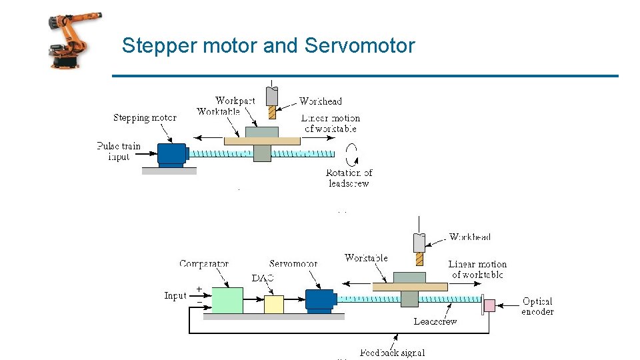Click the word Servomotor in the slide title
pyautogui.click(x=359, y=46)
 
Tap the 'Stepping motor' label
pyautogui.click(x=145, y=118)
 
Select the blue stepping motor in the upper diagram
pyautogui.click(x=173, y=154)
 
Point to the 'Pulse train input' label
pyautogui.click(x=119, y=151)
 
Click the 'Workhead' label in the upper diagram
pyautogui.click(x=320, y=101)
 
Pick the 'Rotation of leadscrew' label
pyautogui.click(x=349, y=178)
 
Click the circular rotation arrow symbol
pyautogui.click(x=351, y=154)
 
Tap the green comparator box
pyautogui.click(x=227, y=300)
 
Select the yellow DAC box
pyautogui.click(x=273, y=303)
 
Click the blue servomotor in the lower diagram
pyautogui.click(x=320, y=300)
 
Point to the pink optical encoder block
pyautogui.click(x=489, y=305)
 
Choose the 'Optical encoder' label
pyautogui.click(x=537, y=307)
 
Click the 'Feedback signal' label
pyautogui.click(x=392, y=353)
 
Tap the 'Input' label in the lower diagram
pyautogui.click(x=175, y=295)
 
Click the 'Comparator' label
pyautogui.click(x=204, y=264)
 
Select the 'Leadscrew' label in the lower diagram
pyautogui.click(x=435, y=321)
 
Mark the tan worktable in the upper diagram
pyautogui.click(x=262, y=141)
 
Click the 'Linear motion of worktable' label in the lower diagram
pyautogui.click(x=477, y=269)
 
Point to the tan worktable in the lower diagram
pyautogui.click(x=409, y=286)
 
